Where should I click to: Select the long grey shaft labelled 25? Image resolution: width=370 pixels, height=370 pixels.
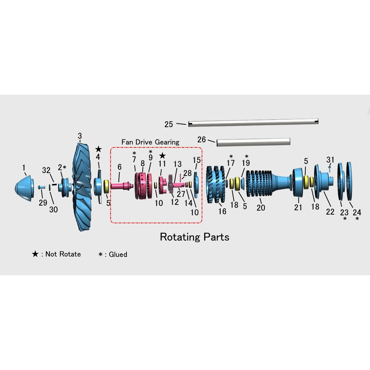[x=253, y=123]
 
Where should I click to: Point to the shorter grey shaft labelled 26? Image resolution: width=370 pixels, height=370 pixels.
[x=253, y=142]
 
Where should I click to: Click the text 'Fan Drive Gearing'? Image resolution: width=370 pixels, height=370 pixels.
[x=150, y=142]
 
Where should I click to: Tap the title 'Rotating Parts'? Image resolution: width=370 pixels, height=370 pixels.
[x=194, y=237]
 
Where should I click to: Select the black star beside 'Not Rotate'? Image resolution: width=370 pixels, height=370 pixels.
[x=35, y=254]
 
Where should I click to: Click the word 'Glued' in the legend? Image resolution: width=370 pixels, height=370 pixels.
[x=118, y=254]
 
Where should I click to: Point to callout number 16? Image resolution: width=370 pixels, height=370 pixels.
[x=222, y=211]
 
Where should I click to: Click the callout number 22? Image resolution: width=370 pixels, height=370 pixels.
[x=330, y=212]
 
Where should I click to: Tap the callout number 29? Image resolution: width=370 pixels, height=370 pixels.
[x=43, y=203]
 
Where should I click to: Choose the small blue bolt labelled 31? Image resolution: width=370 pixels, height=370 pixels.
[x=329, y=168]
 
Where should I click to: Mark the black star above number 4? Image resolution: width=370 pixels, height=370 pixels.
[x=98, y=149]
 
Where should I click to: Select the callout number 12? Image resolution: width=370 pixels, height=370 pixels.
[x=175, y=202]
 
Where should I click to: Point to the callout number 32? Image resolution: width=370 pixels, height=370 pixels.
[x=46, y=170]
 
